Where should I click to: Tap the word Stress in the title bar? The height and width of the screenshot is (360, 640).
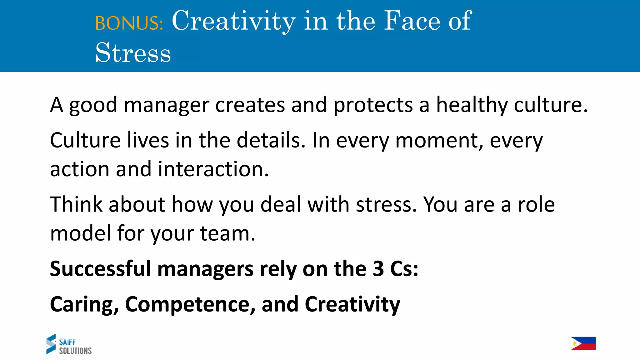133,52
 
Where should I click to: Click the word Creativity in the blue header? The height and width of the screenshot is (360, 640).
233,21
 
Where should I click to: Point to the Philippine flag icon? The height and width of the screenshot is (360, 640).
583,343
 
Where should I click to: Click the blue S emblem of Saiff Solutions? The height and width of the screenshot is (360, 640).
51,344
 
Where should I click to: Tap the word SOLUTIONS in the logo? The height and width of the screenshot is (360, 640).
75,351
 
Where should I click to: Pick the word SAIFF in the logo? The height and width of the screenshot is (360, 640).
67,342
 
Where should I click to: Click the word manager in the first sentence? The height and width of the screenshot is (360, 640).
166,105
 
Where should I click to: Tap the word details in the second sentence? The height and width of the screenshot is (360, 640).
271,140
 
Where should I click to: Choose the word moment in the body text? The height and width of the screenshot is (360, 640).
439,141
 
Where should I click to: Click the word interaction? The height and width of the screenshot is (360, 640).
213,169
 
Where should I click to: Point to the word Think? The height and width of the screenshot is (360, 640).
76,205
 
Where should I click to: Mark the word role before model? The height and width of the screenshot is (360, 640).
536,205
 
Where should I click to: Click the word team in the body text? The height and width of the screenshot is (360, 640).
227,233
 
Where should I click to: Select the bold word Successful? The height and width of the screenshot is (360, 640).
100,269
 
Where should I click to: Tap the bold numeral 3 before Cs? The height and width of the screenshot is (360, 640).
378,269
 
